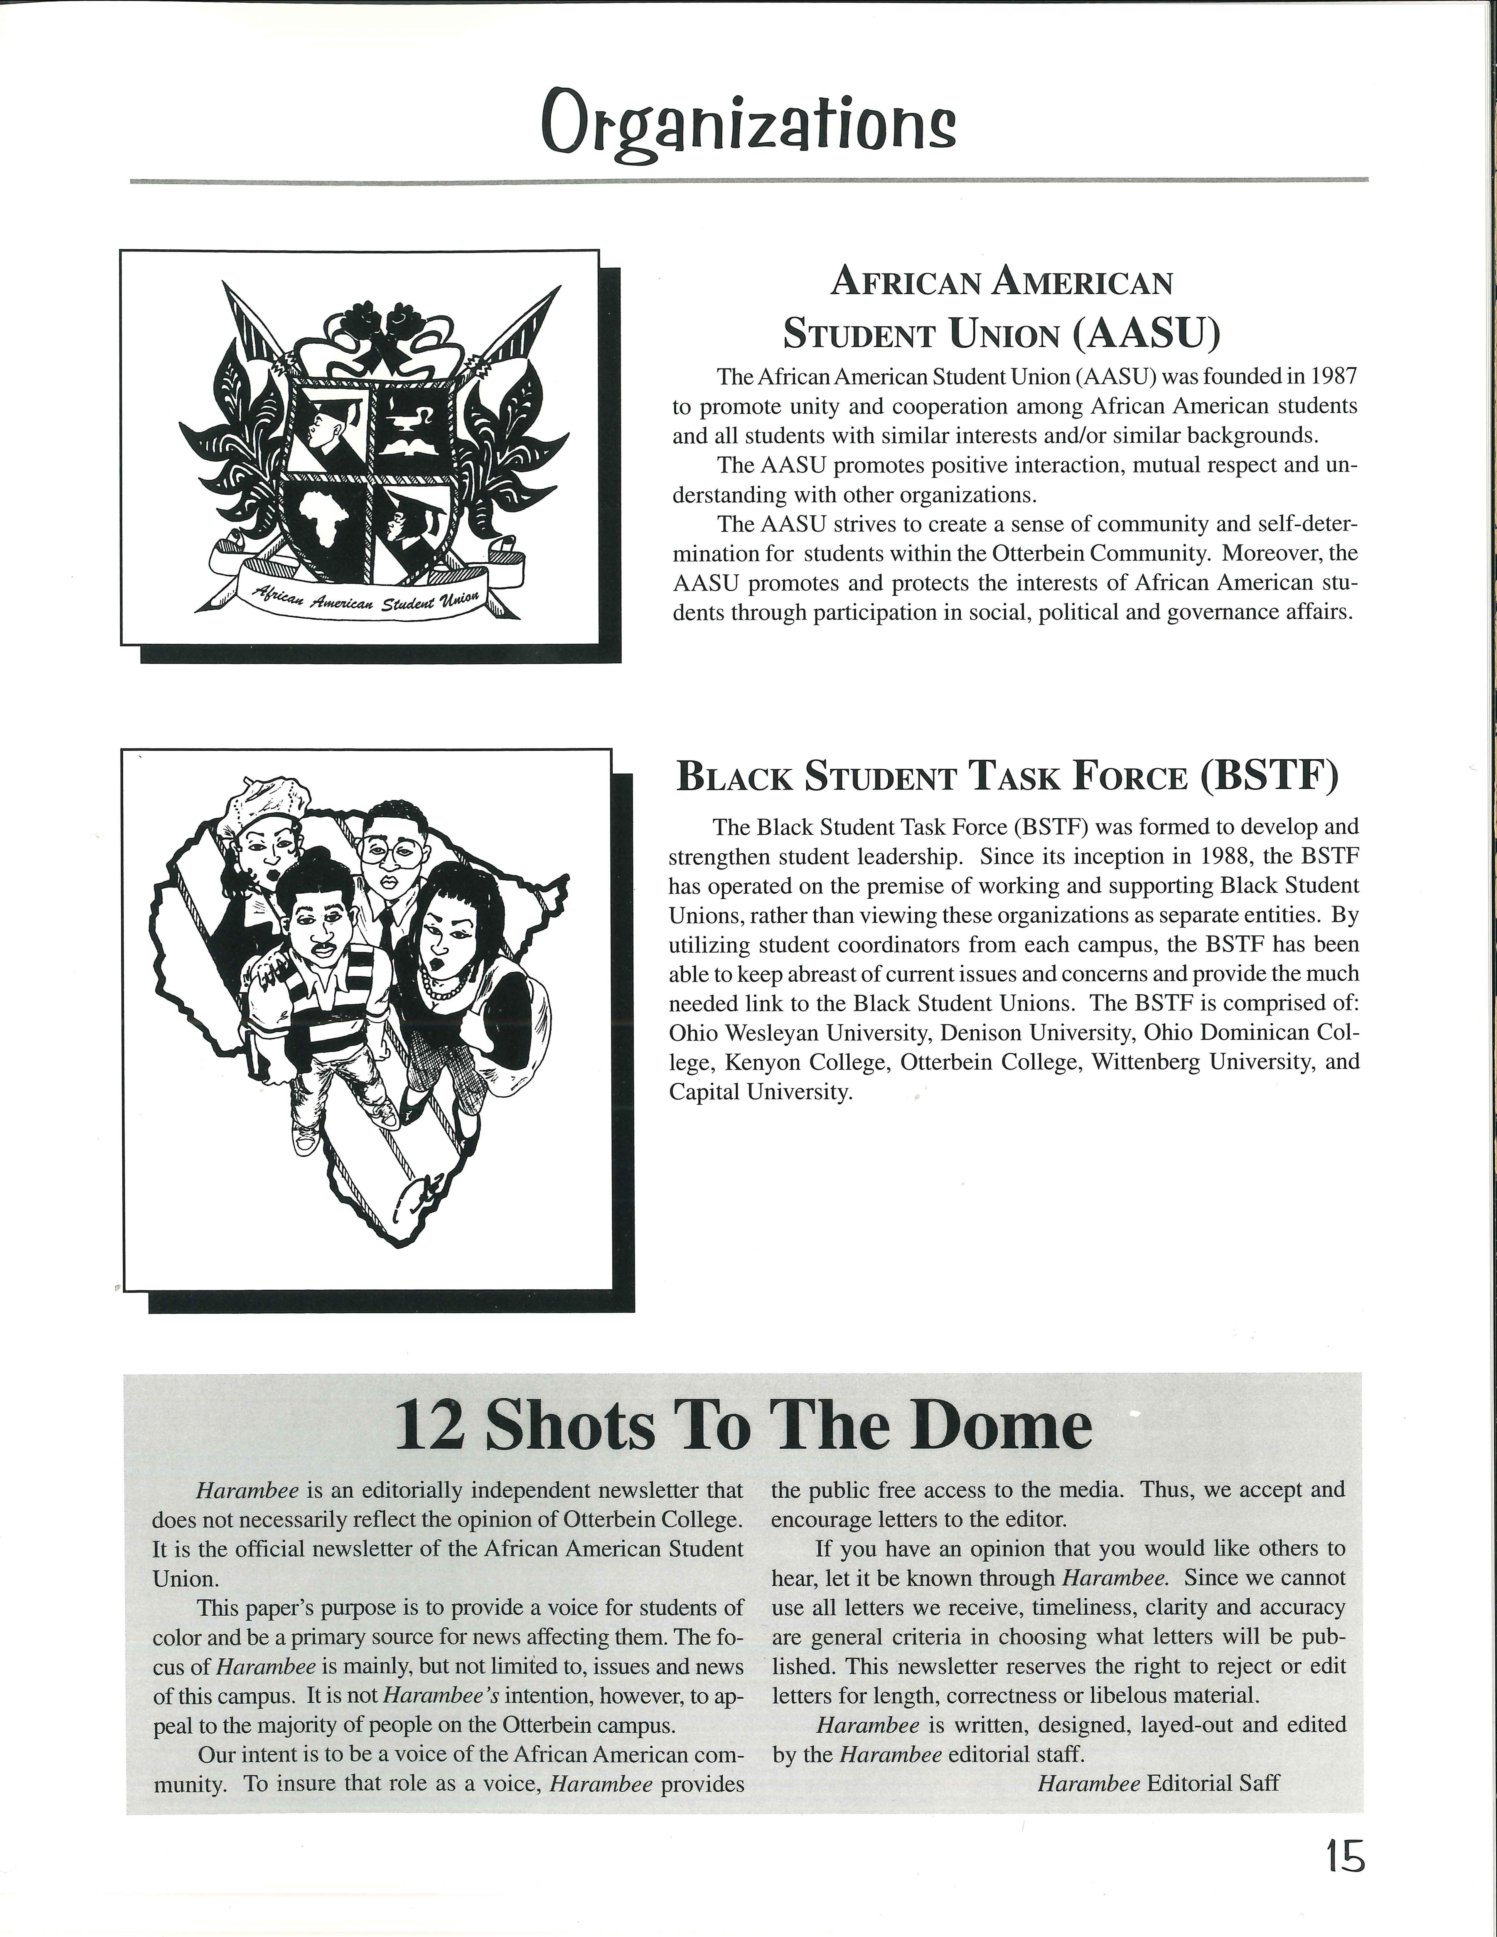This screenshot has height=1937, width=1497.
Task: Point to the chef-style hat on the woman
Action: [x=264, y=801]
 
